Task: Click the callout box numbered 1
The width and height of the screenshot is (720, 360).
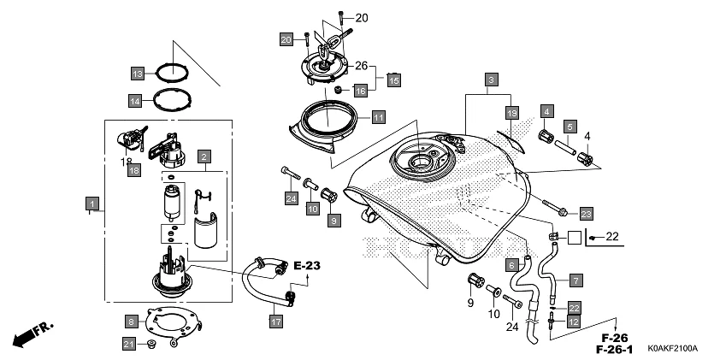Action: (90, 204)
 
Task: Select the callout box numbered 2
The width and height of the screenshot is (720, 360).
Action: (204, 156)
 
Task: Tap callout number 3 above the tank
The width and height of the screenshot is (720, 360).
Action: (491, 80)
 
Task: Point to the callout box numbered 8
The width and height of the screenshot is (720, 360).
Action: (131, 322)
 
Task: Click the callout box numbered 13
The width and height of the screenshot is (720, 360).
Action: (137, 72)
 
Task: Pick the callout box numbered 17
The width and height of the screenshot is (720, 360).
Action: (275, 322)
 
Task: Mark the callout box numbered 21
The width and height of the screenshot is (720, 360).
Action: (129, 344)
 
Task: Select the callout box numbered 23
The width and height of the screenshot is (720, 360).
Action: (585, 212)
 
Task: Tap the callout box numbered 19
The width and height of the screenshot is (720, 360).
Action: (511, 113)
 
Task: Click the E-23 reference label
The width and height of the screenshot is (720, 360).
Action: (307, 266)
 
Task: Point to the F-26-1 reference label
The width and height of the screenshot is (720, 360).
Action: (615, 350)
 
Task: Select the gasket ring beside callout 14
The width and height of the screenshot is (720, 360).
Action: (172, 99)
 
